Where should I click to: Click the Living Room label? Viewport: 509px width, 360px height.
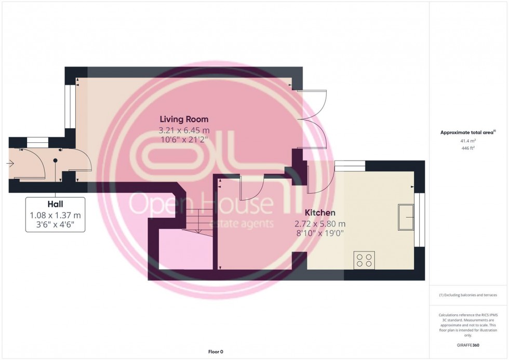pyautogui.click(x=184, y=119)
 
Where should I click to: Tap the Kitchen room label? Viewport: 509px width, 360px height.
pyautogui.click(x=320, y=212)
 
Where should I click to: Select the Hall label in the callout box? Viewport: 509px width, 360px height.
pyautogui.click(x=55, y=204)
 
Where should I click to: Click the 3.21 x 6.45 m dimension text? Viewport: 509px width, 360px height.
pyautogui.click(x=184, y=130)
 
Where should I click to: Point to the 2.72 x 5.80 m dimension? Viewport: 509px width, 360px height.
pyautogui.click(x=320, y=224)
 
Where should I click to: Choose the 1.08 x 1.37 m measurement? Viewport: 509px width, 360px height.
pyautogui.click(x=55, y=215)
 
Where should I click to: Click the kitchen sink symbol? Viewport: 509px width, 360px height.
pyautogui.click(x=406, y=217)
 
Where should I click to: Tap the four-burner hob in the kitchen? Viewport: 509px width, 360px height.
pyautogui.click(x=364, y=260)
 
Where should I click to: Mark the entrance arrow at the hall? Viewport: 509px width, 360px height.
pyautogui.click(x=10, y=164)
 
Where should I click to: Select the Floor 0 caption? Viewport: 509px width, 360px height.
pyautogui.click(x=216, y=352)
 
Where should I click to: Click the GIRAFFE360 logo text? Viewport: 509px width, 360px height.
pyautogui.click(x=468, y=345)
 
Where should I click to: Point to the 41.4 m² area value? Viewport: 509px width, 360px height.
pyautogui.click(x=468, y=141)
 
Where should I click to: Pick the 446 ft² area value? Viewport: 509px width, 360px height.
pyautogui.click(x=468, y=148)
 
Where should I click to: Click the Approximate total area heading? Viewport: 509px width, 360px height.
pyautogui.click(x=468, y=132)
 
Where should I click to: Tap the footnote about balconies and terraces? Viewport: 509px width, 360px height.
pyautogui.click(x=468, y=295)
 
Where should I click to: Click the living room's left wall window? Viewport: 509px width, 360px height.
pyautogui.click(x=70, y=107)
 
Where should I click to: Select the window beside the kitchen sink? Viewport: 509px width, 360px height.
pyautogui.click(x=420, y=220)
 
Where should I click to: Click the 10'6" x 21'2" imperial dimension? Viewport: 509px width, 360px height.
pyautogui.click(x=184, y=140)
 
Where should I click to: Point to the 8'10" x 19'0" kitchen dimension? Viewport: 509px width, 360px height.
pyautogui.click(x=320, y=233)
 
